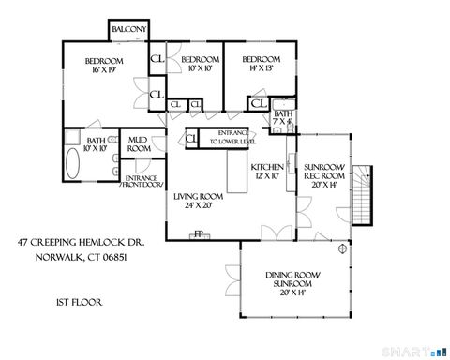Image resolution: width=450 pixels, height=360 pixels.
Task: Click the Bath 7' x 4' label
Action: point(283,118)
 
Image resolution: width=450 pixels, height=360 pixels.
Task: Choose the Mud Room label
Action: point(139,144)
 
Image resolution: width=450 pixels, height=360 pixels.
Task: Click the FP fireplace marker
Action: point(198,234)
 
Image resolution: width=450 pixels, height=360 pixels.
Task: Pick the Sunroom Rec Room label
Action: point(325,176)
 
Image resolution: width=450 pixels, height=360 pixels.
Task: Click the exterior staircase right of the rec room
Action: point(363,191)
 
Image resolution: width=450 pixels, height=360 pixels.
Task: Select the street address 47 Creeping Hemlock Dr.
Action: point(79,242)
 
